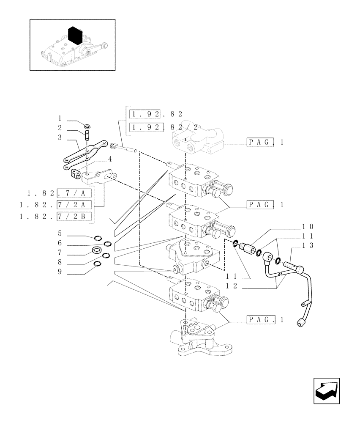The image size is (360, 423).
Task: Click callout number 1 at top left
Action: [x=60, y=119]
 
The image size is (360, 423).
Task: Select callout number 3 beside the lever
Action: [x=60, y=137]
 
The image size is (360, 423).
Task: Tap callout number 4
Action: [x=109, y=159]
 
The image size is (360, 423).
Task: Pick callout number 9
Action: [x=60, y=272]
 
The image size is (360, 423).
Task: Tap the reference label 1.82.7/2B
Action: [x=56, y=217]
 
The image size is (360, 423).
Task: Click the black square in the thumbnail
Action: [x=75, y=35]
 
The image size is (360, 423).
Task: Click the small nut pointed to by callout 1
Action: [x=87, y=126]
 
